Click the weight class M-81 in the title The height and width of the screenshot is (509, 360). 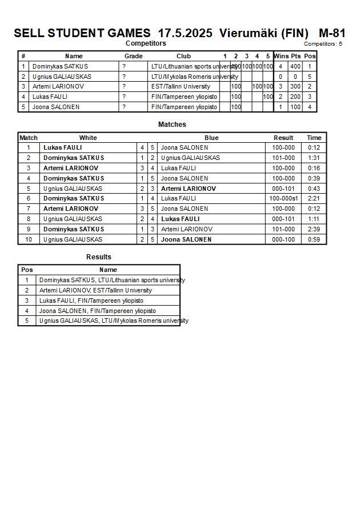click(x=331, y=33)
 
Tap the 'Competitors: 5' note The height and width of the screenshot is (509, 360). click(x=323, y=44)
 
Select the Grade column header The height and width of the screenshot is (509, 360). click(x=133, y=56)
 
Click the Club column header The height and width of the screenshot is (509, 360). click(x=183, y=56)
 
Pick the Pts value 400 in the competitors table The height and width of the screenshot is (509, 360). click(x=295, y=66)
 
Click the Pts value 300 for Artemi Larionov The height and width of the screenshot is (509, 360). click(x=295, y=87)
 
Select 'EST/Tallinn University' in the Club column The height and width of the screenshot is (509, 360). click(x=181, y=87)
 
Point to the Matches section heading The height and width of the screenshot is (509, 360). click(x=172, y=125)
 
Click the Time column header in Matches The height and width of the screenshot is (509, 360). click(x=314, y=138)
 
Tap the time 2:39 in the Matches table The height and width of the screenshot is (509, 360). click(x=314, y=229)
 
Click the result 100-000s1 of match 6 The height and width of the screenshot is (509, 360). click(x=283, y=199)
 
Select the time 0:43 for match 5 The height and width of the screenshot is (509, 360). click(x=314, y=189)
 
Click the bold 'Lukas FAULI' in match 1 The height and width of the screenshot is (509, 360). click(x=62, y=147)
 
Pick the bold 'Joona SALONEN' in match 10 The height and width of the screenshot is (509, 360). click(x=186, y=239)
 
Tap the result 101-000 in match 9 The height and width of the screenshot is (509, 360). click(x=283, y=229)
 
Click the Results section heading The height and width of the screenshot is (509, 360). click(x=99, y=257)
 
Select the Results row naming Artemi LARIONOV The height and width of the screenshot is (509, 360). click(x=95, y=290)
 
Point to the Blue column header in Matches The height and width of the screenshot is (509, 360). click(x=211, y=138)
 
